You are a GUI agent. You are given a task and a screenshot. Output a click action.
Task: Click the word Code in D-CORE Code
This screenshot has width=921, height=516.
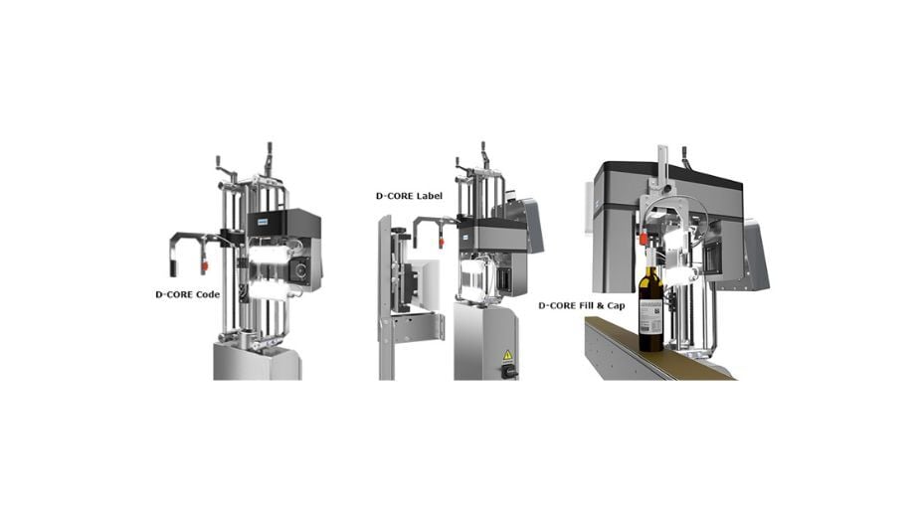(x=208, y=294)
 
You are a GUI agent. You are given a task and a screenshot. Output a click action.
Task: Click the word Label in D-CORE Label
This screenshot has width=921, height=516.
(x=430, y=196)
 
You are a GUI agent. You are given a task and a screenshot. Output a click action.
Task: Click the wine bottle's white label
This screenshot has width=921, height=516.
(x=650, y=317)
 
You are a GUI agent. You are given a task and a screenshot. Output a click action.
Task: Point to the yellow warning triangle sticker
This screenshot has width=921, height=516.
(x=507, y=355)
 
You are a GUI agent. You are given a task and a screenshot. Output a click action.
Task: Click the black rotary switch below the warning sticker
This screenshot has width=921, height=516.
(x=508, y=371)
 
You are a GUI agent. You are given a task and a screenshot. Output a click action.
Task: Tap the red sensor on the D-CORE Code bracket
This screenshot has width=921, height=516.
(x=205, y=266)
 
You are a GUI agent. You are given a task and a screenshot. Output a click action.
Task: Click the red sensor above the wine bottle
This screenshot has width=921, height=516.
(x=644, y=239)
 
